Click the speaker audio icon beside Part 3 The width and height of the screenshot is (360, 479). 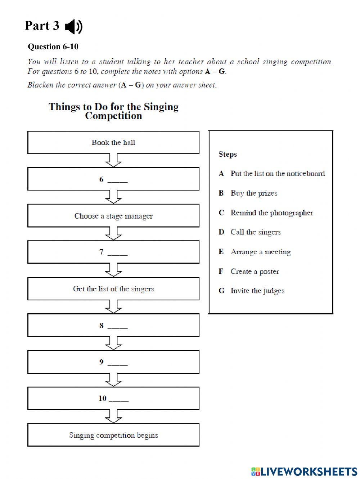[x=74, y=27]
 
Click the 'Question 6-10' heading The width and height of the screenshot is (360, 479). [x=53, y=47]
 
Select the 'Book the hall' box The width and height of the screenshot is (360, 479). [x=113, y=142]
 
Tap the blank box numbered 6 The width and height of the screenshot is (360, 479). [x=113, y=179]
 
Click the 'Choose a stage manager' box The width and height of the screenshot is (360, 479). [x=113, y=216]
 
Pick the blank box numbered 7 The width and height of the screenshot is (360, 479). [x=113, y=252]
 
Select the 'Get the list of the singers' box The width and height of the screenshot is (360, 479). [x=113, y=289]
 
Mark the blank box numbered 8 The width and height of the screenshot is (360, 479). [x=113, y=325]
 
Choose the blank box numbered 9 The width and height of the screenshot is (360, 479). [x=113, y=362]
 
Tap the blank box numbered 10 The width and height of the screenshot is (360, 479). [x=113, y=398]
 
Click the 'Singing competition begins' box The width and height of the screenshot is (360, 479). [x=113, y=435]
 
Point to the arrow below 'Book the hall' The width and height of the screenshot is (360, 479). [x=113, y=161]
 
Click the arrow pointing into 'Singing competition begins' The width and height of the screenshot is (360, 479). [x=113, y=417]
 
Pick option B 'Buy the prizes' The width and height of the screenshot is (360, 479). [x=254, y=193]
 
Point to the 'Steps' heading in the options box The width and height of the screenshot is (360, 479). [x=228, y=154]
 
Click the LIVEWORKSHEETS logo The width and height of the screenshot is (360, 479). [x=304, y=471]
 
